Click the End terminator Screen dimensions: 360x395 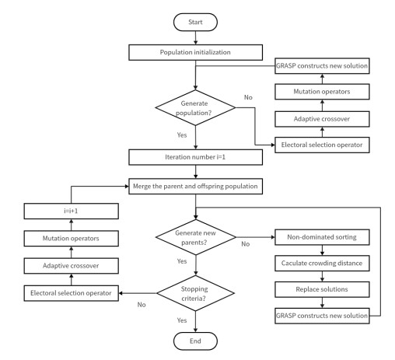pyautogui.click(x=196, y=340)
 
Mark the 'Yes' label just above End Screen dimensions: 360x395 pyautogui.click(x=182, y=320)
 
